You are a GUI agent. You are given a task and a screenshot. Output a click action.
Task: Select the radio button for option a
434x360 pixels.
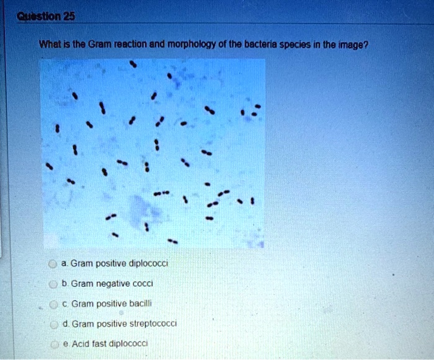pyautogui.click(x=53, y=264)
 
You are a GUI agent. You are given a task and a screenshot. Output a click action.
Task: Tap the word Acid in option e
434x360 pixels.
pyautogui.click(x=80, y=343)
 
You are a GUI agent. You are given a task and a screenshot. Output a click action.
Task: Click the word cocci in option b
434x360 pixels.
pyautogui.click(x=142, y=283)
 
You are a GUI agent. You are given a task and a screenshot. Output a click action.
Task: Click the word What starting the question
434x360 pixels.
pyautogui.click(x=48, y=44)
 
